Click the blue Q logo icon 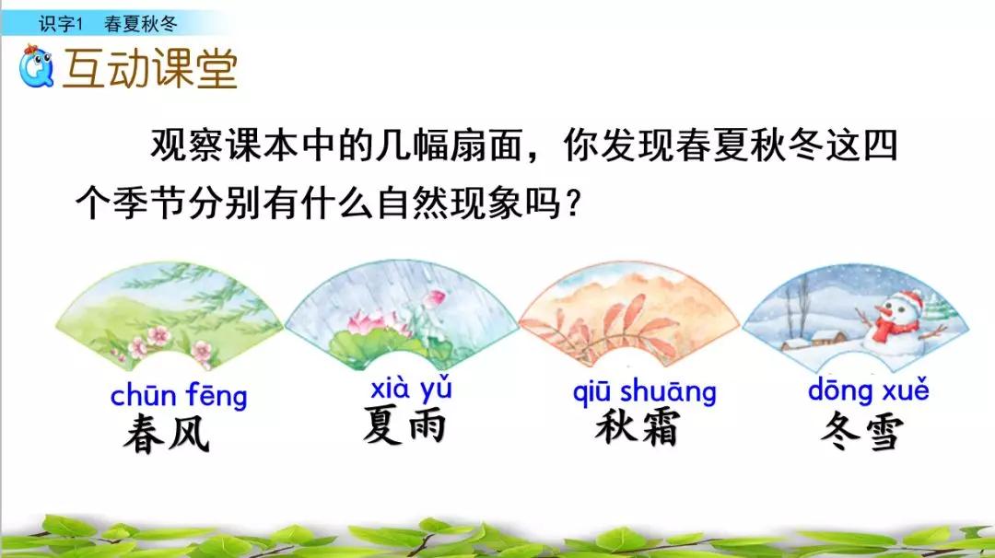(x=37, y=65)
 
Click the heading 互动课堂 (x=149, y=68)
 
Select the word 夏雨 (x=404, y=426)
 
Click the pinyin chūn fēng (x=179, y=397)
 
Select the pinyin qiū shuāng (x=644, y=391)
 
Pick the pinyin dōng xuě (x=868, y=390)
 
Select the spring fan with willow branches (x=170, y=308)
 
